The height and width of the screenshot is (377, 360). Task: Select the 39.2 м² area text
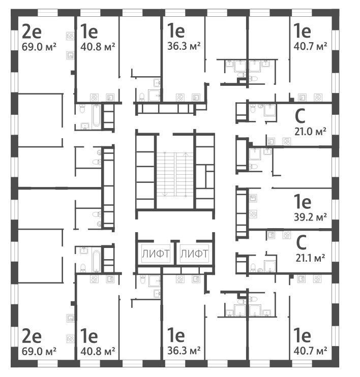pyautogui.click(x=311, y=216)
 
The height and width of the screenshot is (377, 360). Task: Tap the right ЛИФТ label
pyautogui.click(x=194, y=253)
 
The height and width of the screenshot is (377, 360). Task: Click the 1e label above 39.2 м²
pyautogui.click(x=302, y=202)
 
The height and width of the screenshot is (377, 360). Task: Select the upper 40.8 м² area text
pyautogui.click(x=97, y=46)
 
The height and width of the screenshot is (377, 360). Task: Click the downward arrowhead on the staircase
pyautogui.click(x=166, y=194)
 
